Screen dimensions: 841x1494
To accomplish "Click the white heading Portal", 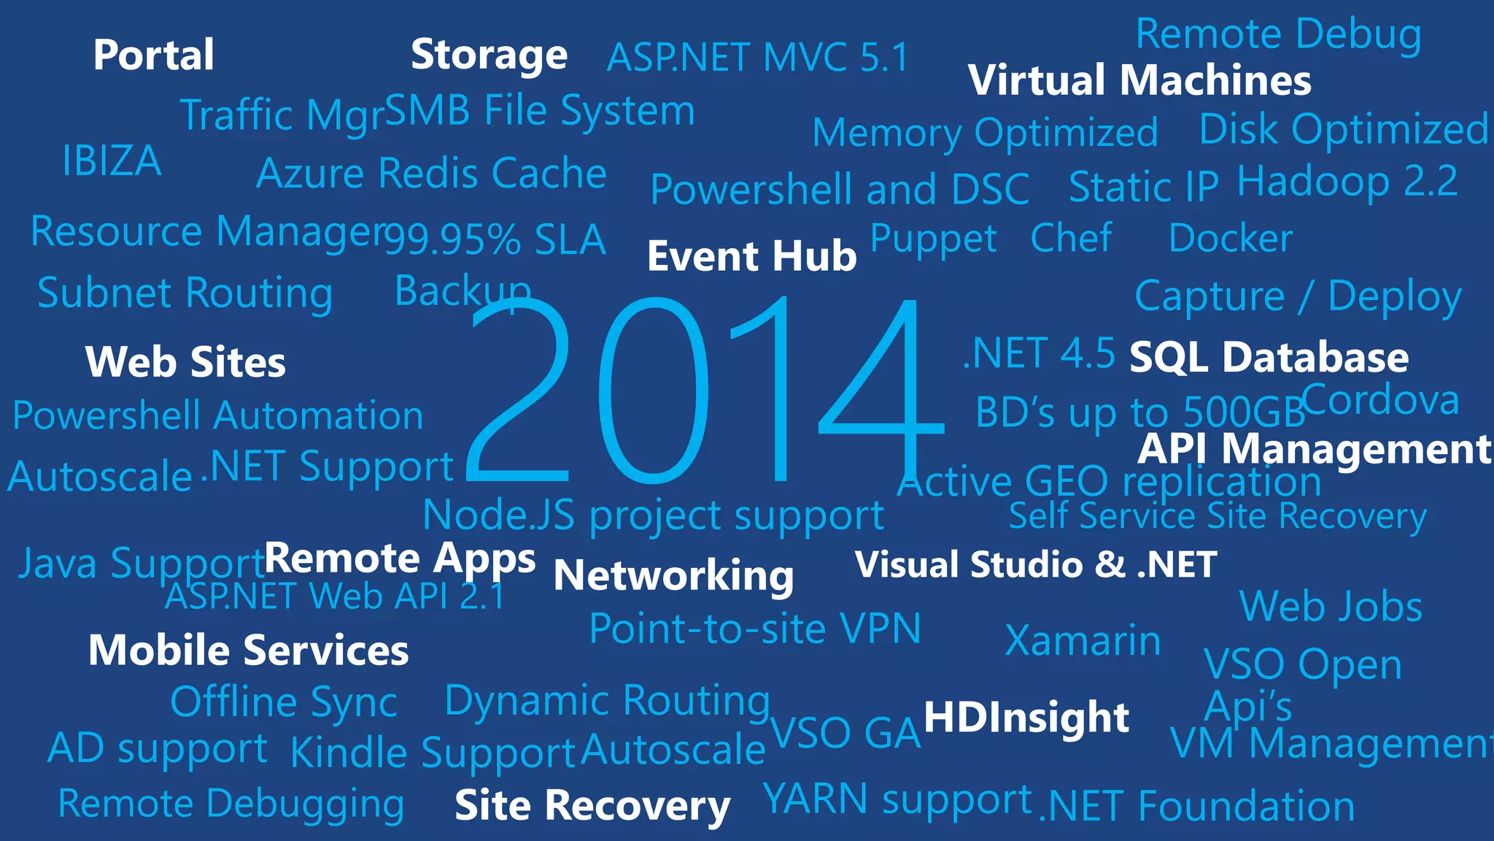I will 154,55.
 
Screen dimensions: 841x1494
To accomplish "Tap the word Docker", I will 1230,239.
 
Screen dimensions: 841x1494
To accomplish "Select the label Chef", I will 1071,238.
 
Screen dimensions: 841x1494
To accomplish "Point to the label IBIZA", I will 112,161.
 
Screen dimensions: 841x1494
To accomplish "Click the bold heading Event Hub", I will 751,256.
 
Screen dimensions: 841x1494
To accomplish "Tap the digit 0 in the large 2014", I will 653,391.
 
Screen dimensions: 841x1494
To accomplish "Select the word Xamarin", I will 1083,641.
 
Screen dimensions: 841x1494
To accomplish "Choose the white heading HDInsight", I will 1026,717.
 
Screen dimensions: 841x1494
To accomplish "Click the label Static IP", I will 1143,187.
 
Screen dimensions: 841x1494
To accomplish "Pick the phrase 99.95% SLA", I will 495,239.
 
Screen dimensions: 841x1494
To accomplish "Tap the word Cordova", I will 1380,400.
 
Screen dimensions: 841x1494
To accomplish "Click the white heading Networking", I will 673,575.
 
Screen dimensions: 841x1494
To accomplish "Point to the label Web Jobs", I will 1331,607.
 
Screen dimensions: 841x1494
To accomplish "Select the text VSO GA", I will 845,733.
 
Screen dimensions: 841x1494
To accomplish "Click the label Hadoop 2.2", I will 1347,181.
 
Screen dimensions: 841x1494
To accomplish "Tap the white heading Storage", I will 489,55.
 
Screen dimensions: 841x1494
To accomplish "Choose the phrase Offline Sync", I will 283,702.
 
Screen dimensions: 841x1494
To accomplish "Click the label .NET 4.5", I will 1039,354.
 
